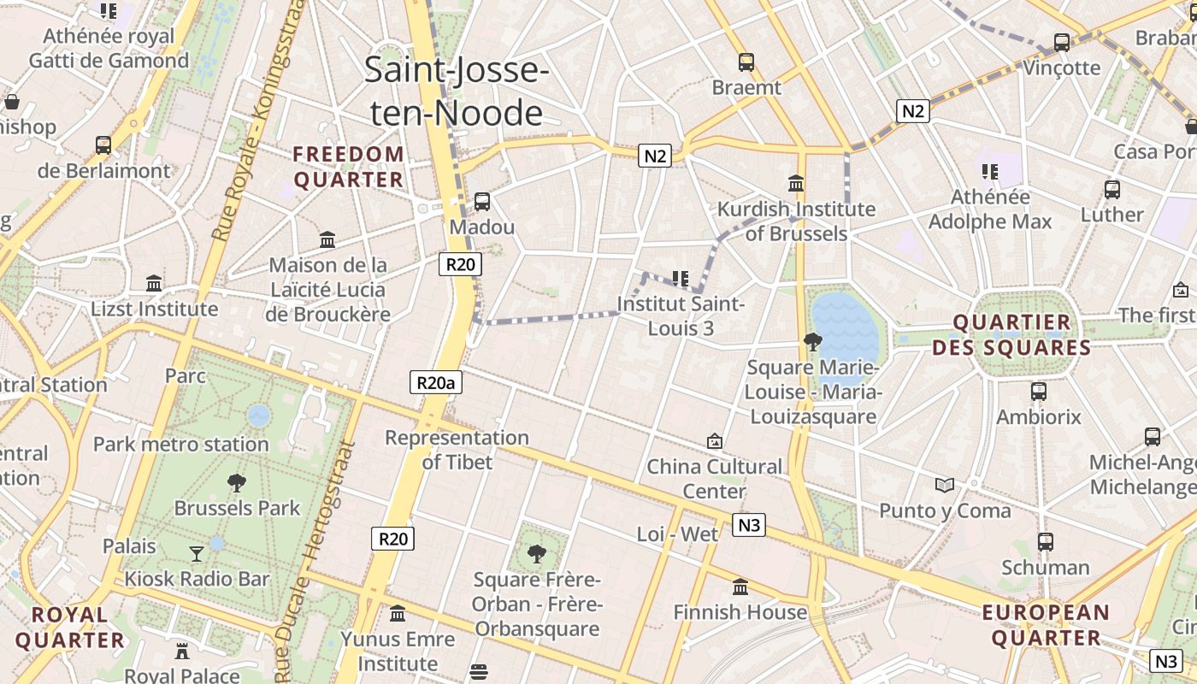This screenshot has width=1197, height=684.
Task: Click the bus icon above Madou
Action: tap(482, 202)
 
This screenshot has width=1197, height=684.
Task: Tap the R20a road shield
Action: tap(436, 382)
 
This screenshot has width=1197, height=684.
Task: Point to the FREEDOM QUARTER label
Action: tap(348, 167)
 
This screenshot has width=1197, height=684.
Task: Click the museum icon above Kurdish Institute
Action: tap(796, 183)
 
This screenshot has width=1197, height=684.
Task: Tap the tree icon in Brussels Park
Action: tap(237, 483)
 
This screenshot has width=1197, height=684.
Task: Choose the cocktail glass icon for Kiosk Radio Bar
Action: tap(197, 554)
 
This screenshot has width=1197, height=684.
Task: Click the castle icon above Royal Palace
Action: tap(182, 651)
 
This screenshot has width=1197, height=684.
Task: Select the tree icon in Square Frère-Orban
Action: tap(537, 554)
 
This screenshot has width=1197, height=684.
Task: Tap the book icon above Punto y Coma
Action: tap(945, 486)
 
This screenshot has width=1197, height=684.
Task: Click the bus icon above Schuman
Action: tap(1045, 542)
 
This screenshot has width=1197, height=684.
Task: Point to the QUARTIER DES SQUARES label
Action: tap(1012, 335)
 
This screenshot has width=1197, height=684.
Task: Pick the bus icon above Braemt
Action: tap(746, 62)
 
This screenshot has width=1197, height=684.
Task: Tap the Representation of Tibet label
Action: tap(457, 450)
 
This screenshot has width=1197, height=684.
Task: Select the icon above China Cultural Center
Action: tap(715, 441)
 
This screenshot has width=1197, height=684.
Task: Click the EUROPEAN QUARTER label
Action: tap(1046, 625)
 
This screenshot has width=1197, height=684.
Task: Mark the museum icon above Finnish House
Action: tap(740, 587)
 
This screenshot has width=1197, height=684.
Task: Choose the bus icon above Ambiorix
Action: tap(1039, 392)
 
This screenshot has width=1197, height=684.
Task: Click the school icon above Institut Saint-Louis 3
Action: tap(681, 278)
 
